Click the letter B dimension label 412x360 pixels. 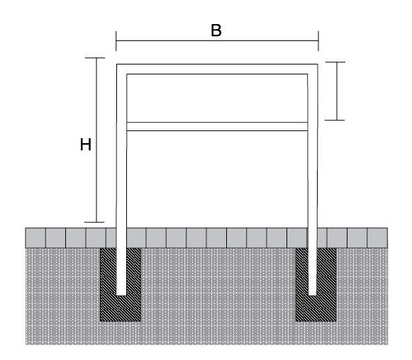pyautogui.click(x=216, y=30)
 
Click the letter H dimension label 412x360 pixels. pyautogui.click(x=86, y=145)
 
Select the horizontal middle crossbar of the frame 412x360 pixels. pyautogui.click(x=217, y=127)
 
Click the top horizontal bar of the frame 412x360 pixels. pyautogui.click(x=217, y=69)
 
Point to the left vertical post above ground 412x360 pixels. pyautogui.click(x=121, y=147)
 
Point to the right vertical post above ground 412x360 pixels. pyautogui.click(x=313, y=147)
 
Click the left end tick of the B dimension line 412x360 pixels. pyautogui.click(x=116, y=40)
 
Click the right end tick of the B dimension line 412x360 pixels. pyautogui.click(x=318, y=40)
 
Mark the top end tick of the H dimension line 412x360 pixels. pyautogui.click(x=95, y=58)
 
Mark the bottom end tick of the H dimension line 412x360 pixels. pyautogui.click(x=94, y=222)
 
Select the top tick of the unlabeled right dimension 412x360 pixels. pyautogui.click(x=335, y=62)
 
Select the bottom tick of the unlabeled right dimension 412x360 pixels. pyautogui.click(x=335, y=120)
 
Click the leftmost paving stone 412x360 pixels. pyautogui.click(x=35, y=238)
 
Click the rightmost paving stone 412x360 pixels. pyautogui.click(x=377, y=238)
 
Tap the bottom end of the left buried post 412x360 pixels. pyautogui.click(x=121, y=295)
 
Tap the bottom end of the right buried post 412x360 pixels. pyautogui.click(x=313, y=295)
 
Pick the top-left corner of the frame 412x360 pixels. pyautogui.click(x=117, y=64)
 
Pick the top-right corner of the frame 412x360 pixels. pyautogui.click(x=318, y=64)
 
